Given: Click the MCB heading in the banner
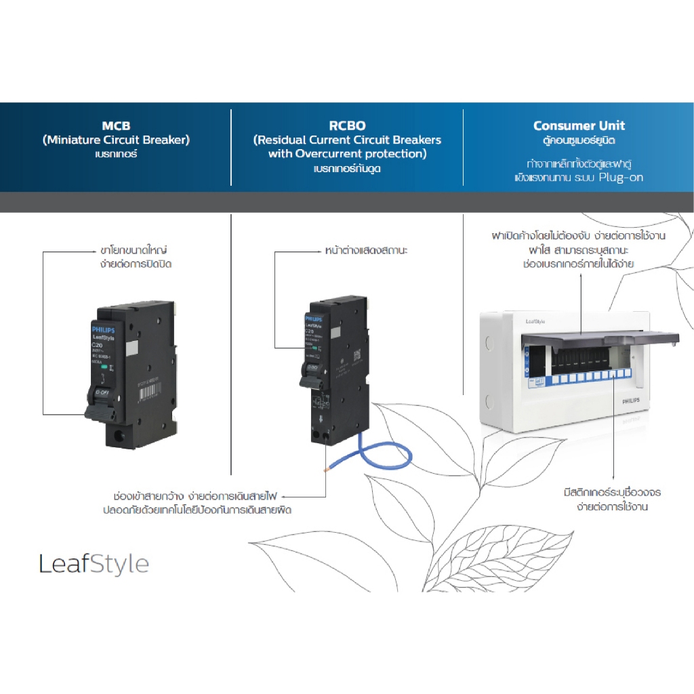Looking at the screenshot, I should [116, 125].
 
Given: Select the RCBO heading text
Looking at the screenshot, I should [347, 125].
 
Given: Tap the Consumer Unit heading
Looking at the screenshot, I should [579, 125].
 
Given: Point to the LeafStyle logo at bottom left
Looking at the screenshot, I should [94, 563].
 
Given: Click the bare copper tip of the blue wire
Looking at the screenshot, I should [327, 468].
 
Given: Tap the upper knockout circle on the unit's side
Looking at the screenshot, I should [487, 344].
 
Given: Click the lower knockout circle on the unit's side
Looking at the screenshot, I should [487, 399].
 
